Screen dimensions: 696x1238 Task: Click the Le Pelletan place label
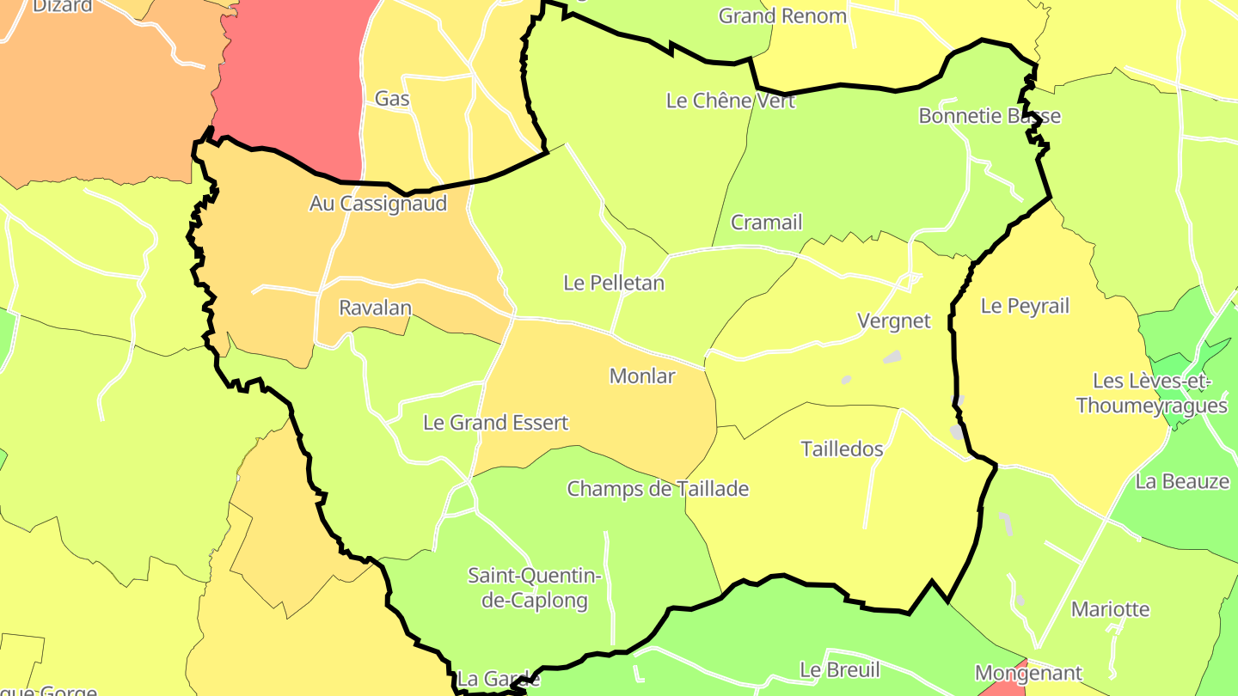(x=614, y=283)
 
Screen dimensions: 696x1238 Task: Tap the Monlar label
(x=642, y=375)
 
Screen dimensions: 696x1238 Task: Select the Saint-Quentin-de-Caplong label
(x=535, y=588)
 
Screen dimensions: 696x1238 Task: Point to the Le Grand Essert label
(x=495, y=423)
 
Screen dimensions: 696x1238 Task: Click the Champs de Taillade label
(x=658, y=489)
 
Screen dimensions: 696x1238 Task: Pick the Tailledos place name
(x=842, y=449)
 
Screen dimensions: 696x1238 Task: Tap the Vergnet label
(x=894, y=321)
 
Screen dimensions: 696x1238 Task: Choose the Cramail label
(x=766, y=223)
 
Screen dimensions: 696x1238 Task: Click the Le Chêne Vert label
(x=731, y=101)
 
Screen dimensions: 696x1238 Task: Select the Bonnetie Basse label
(x=990, y=116)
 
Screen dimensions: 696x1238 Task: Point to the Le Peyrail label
(x=1025, y=306)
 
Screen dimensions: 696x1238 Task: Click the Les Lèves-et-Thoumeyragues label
(x=1151, y=394)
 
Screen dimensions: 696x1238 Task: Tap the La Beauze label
(x=1182, y=481)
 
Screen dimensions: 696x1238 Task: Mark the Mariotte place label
(x=1110, y=609)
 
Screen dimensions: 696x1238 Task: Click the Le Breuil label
(x=839, y=669)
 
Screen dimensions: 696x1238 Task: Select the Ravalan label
(x=375, y=308)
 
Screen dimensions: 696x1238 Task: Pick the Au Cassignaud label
(x=378, y=204)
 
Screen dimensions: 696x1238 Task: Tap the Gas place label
(x=392, y=99)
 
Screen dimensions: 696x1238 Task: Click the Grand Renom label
(x=782, y=15)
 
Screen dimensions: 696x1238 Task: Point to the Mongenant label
(x=1028, y=673)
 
